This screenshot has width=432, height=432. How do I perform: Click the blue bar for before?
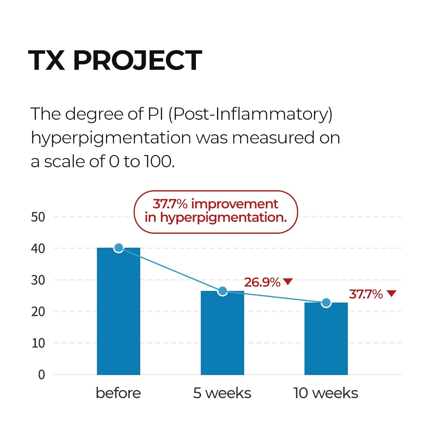point(118,311)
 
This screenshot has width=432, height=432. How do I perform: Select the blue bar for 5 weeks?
point(222,333)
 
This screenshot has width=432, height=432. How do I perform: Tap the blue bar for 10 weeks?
point(326,338)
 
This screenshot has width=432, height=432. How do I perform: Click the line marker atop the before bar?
point(119,248)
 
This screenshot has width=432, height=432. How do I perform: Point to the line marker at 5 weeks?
point(222,291)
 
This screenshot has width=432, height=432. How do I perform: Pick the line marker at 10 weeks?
point(326,303)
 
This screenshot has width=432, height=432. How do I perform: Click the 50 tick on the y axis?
point(38,217)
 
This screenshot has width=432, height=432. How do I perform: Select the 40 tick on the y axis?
point(38,249)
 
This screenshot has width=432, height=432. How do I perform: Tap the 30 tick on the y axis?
point(38,280)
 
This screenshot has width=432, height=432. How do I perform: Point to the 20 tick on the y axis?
point(38,312)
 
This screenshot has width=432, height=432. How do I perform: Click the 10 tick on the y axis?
point(38,343)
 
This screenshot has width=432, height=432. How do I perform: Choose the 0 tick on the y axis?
point(42,375)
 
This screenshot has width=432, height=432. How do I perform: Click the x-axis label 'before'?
point(118,393)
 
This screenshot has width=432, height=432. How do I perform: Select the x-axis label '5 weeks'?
point(222,393)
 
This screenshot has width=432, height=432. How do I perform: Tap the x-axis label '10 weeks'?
point(326,393)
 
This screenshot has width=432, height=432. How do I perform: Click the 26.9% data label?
point(262,283)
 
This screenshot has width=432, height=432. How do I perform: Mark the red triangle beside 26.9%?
point(288,281)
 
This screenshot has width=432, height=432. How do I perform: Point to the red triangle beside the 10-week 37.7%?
point(392,293)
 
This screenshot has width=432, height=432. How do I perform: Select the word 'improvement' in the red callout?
point(235,204)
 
